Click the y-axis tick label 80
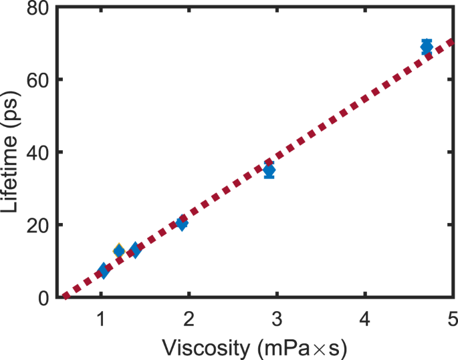pos(35,8)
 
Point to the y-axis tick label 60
pos(35,79)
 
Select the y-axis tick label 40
pos(35,152)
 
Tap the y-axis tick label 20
pos(35,224)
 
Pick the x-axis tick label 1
pos(101,316)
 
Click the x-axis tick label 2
pos(189,316)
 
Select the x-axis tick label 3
pos(277,316)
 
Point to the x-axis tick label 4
pos(365,316)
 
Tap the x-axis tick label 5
pos(453,316)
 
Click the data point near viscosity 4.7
pos(427,47)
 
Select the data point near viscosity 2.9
pos(269,170)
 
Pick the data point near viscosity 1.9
pos(181,223)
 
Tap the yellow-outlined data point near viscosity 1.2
pos(119,251)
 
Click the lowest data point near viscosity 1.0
pos(103,271)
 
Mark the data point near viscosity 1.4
pos(135,250)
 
